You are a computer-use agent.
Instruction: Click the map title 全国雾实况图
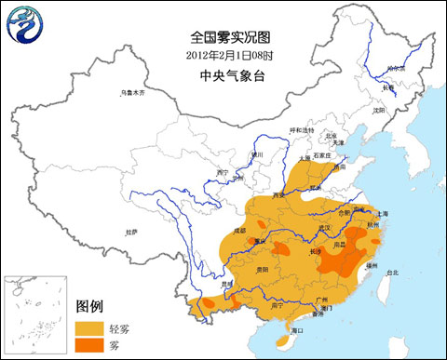pyautogui.click(x=228, y=38)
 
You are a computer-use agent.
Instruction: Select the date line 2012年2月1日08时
pyautogui.click(x=228, y=56)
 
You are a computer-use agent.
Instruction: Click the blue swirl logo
pyautogui.click(x=24, y=27)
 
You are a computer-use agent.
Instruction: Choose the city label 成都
pyautogui.click(x=240, y=229)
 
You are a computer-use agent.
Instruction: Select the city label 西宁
pyautogui.click(x=221, y=172)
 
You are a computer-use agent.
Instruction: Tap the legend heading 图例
pyautogui.click(x=90, y=306)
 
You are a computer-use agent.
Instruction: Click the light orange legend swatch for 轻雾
pyautogui.click(x=89, y=327)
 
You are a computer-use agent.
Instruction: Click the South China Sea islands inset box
pyautogui.click(x=34, y=314)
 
